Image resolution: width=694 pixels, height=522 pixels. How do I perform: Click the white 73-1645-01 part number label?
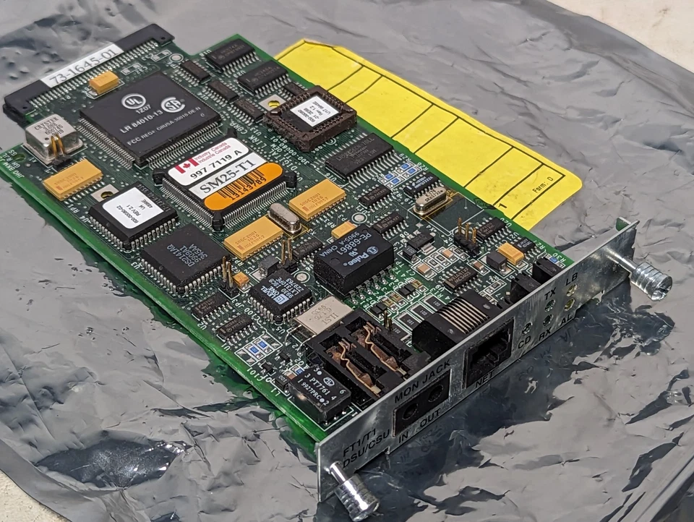tap(82, 65)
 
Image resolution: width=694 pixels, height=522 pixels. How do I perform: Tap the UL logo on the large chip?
tap(132, 101)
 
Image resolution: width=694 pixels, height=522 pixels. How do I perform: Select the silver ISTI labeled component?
tap(322, 315)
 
